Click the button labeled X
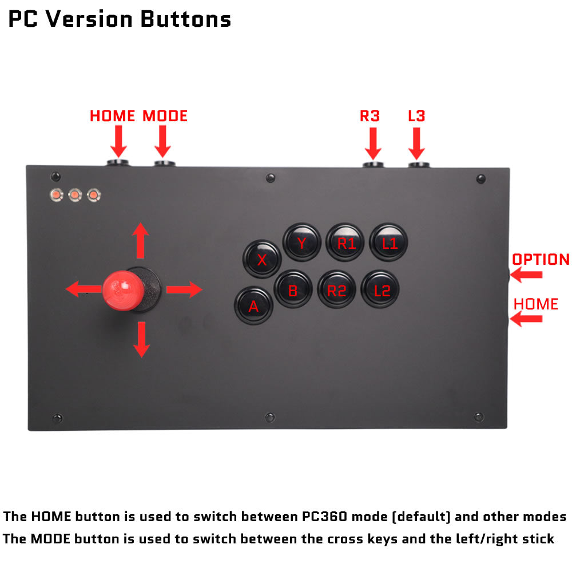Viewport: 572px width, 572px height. pos(262,259)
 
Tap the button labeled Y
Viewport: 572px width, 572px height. pos(302,243)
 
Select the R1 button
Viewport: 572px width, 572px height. pos(345,243)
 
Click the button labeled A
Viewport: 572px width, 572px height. pos(253,306)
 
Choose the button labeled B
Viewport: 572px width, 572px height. pos(293,290)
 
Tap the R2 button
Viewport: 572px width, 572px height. pos(336,290)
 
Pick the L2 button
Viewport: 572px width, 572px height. pos(381,290)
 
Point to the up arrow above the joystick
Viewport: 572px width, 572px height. pos(141,241)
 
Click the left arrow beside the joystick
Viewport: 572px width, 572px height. pos(83,289)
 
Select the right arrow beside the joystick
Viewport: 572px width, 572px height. pos(185,289)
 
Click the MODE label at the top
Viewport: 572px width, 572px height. pos(165,116)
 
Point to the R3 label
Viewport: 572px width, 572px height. pos(370,116)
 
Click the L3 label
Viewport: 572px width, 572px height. pos(416,116)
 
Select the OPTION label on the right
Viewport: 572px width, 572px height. pos(541,259)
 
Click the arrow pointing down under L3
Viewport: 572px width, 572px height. pos(416,143)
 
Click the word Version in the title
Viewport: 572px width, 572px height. pos(89,19)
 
